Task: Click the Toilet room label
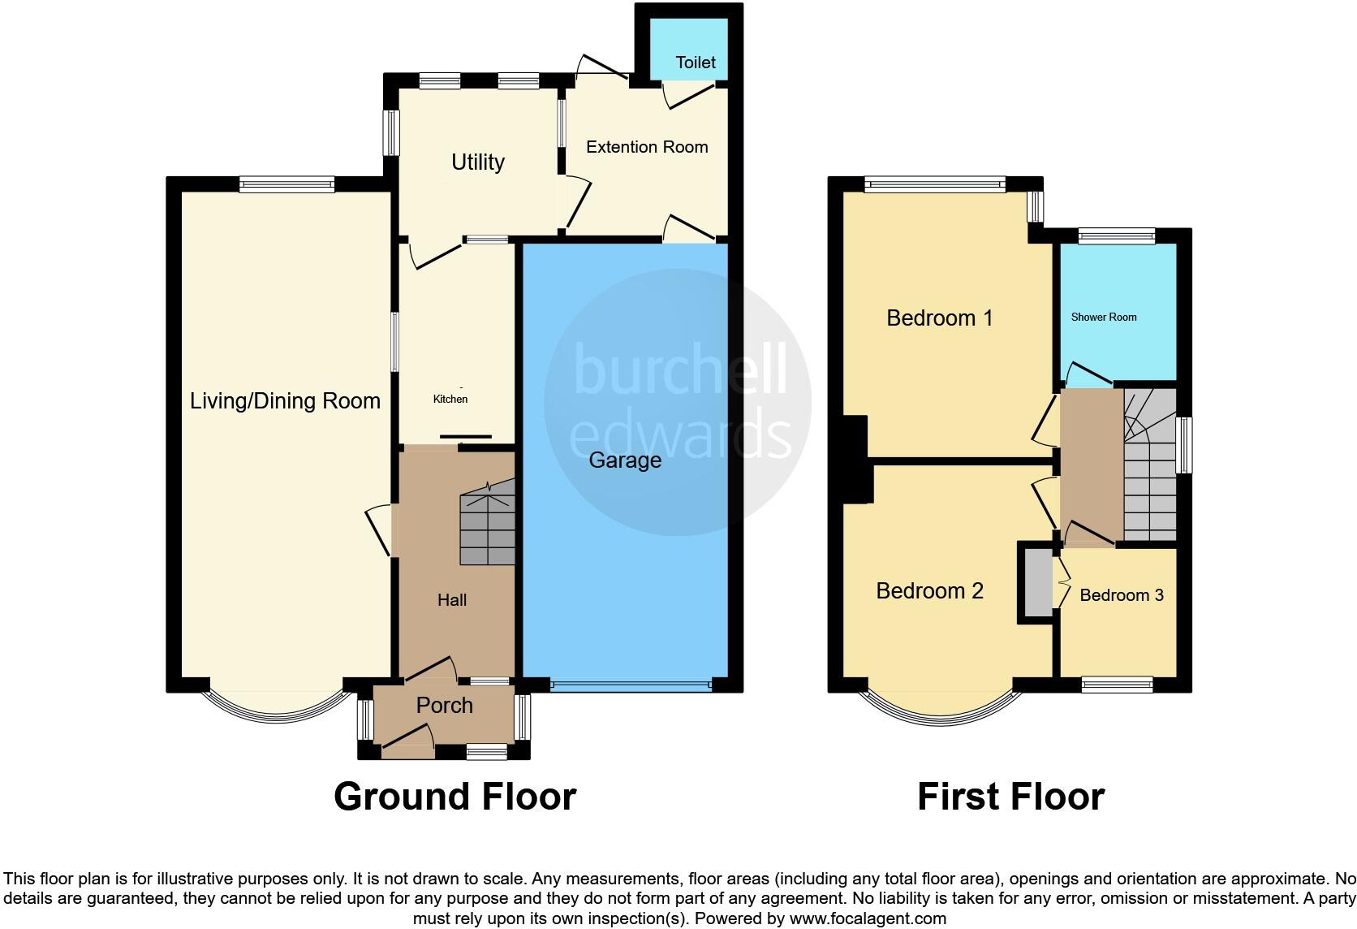click(x=696, y=63)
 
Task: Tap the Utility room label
click(x=478, y=162)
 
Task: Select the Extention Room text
click(x=647, y=147)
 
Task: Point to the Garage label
click(x=625, y=460)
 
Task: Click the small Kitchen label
click(x=450, y=399)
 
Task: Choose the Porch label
click(x=444, y=705)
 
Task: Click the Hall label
click(x=452, y=600)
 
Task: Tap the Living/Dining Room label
click(x=285, y=400)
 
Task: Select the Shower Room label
click(x=1104, y=317)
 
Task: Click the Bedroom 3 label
click(x=1122, y=595)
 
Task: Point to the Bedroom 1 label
click(x=939, y=318)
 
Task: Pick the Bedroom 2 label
click(x=929, y=590)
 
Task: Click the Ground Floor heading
click(x=454, y=797)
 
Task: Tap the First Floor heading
click(x=1010, y=797)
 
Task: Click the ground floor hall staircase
click(x=488, y=524)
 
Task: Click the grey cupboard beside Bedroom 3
click(x=1036, y=582)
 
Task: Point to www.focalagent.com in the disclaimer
click(x=868, y=918)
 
